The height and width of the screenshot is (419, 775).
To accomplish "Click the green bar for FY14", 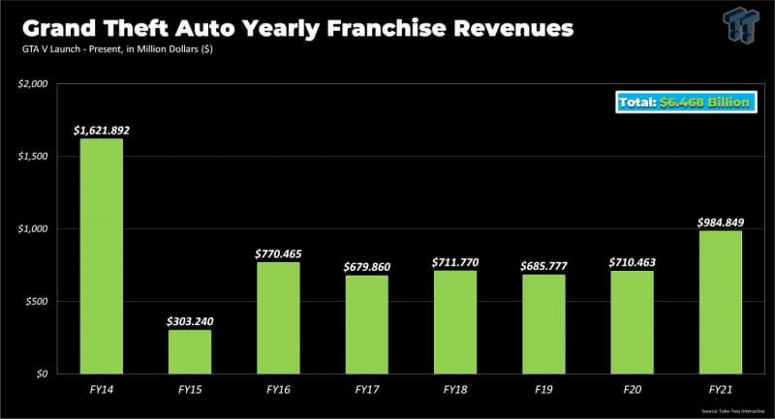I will pyautogui.click(x=101, y=255).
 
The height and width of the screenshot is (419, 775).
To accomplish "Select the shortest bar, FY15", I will pyautogui.click(x=189, y=351).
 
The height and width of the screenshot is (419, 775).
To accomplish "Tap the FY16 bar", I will pyautogui.click(x=278, y=317).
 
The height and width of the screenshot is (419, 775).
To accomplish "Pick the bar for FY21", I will pyautogui.click(x=720, y=302).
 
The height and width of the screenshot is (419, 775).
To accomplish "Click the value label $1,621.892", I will pyautogui.click(x=102, y=129).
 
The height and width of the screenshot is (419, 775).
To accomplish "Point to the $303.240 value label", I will pyautogui.click(x=190, y=320).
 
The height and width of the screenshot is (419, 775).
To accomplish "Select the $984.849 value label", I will pyautogui.click(x=720, y=222).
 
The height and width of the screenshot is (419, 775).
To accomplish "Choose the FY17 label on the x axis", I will pyautogui.click(x=366, y=390).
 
